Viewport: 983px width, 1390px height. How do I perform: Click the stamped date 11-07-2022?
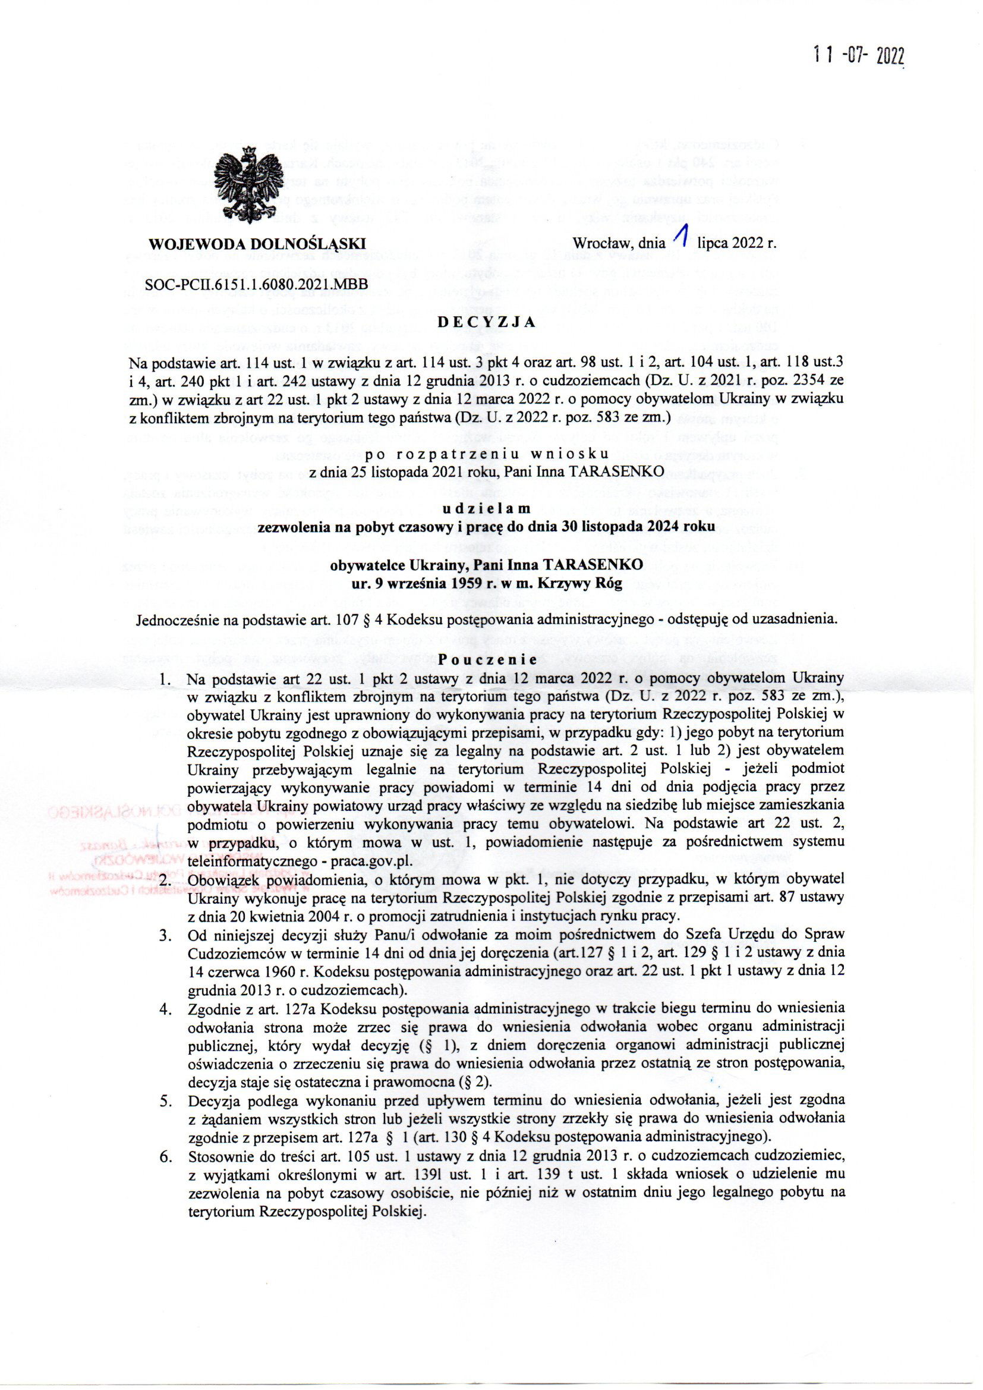click(859, 56)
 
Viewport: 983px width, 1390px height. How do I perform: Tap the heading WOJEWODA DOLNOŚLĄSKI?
click(257, 244)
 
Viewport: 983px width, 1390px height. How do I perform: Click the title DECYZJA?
click(487, 322)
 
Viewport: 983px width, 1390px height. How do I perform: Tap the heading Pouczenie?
click(487, 659)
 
